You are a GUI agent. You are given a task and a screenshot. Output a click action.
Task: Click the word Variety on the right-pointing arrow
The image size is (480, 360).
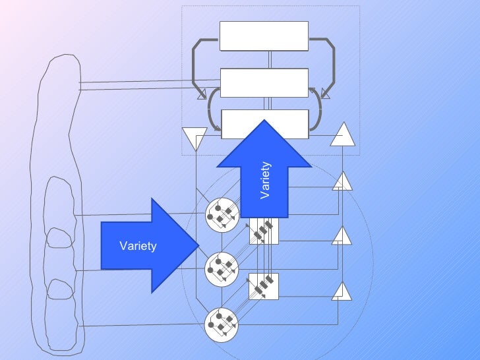coord(138,246)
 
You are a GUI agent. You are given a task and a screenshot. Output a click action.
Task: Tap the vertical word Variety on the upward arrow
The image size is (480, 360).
coord(265,180)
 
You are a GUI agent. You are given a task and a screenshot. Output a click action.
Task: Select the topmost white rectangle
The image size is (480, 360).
coord(264,36)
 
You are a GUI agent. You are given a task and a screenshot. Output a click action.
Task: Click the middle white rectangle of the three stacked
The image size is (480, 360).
coord(264,82)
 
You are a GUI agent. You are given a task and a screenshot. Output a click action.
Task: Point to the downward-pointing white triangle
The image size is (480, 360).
coord(195,138)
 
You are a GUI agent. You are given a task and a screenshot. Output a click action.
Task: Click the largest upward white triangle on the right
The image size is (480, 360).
coord(342,136)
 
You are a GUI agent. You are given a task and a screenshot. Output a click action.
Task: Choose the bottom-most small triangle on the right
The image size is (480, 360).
coord(342,291)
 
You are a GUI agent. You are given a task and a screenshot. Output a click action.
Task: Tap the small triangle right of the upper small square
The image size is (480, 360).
coord(342,236)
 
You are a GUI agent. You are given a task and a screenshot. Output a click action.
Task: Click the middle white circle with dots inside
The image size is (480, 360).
coord(220,269)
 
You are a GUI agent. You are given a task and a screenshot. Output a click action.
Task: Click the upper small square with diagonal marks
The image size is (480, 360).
coord(264,230)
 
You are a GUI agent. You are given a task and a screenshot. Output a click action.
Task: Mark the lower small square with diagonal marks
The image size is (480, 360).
coord(264,286)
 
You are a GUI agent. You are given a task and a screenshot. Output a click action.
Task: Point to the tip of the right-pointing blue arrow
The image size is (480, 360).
coord(197,245)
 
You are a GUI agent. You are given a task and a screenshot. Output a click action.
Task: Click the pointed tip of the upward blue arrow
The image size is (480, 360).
coord(264,121)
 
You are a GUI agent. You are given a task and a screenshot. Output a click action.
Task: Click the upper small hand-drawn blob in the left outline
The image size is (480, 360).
coord(60,239)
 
